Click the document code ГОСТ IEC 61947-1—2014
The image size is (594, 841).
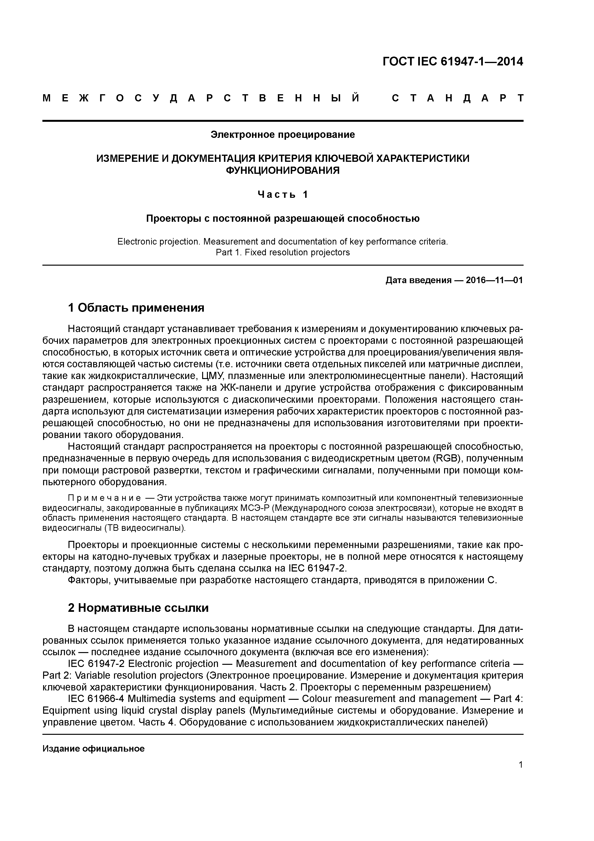point(452,62)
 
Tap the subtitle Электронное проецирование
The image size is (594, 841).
point(283,135)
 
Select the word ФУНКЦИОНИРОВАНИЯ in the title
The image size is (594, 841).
point(283,170)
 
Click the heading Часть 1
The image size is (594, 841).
point(283,194)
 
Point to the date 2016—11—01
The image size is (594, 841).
point(494,280)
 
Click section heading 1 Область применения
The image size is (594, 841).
point(136,308)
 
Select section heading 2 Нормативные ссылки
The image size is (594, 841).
point(138,608)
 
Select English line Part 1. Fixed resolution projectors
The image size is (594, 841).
point(283,252)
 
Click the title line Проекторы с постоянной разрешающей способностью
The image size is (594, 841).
point(283,219)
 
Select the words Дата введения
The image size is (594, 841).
point(418,280)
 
